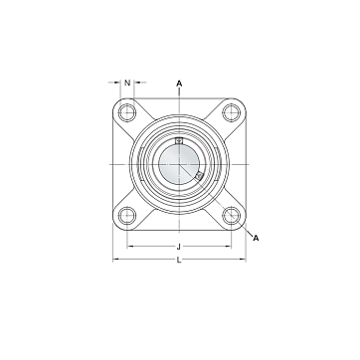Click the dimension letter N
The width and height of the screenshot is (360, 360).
[x=127, y=83]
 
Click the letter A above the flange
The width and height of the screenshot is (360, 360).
[x=179, y=84]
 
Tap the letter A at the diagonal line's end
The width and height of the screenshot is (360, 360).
[x=256, y=238]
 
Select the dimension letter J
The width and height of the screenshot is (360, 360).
[x=179, y=247]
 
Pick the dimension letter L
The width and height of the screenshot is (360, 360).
[x=179, y=260]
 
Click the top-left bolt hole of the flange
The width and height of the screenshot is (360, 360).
[x=127, y=112]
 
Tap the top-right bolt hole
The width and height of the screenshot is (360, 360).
[x=231, y=112]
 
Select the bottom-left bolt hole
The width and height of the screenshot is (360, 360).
[x=127, y=216]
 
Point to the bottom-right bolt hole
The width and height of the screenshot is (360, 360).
[x=231, y=216]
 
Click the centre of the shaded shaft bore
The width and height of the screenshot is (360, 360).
[x=179, y=164]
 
